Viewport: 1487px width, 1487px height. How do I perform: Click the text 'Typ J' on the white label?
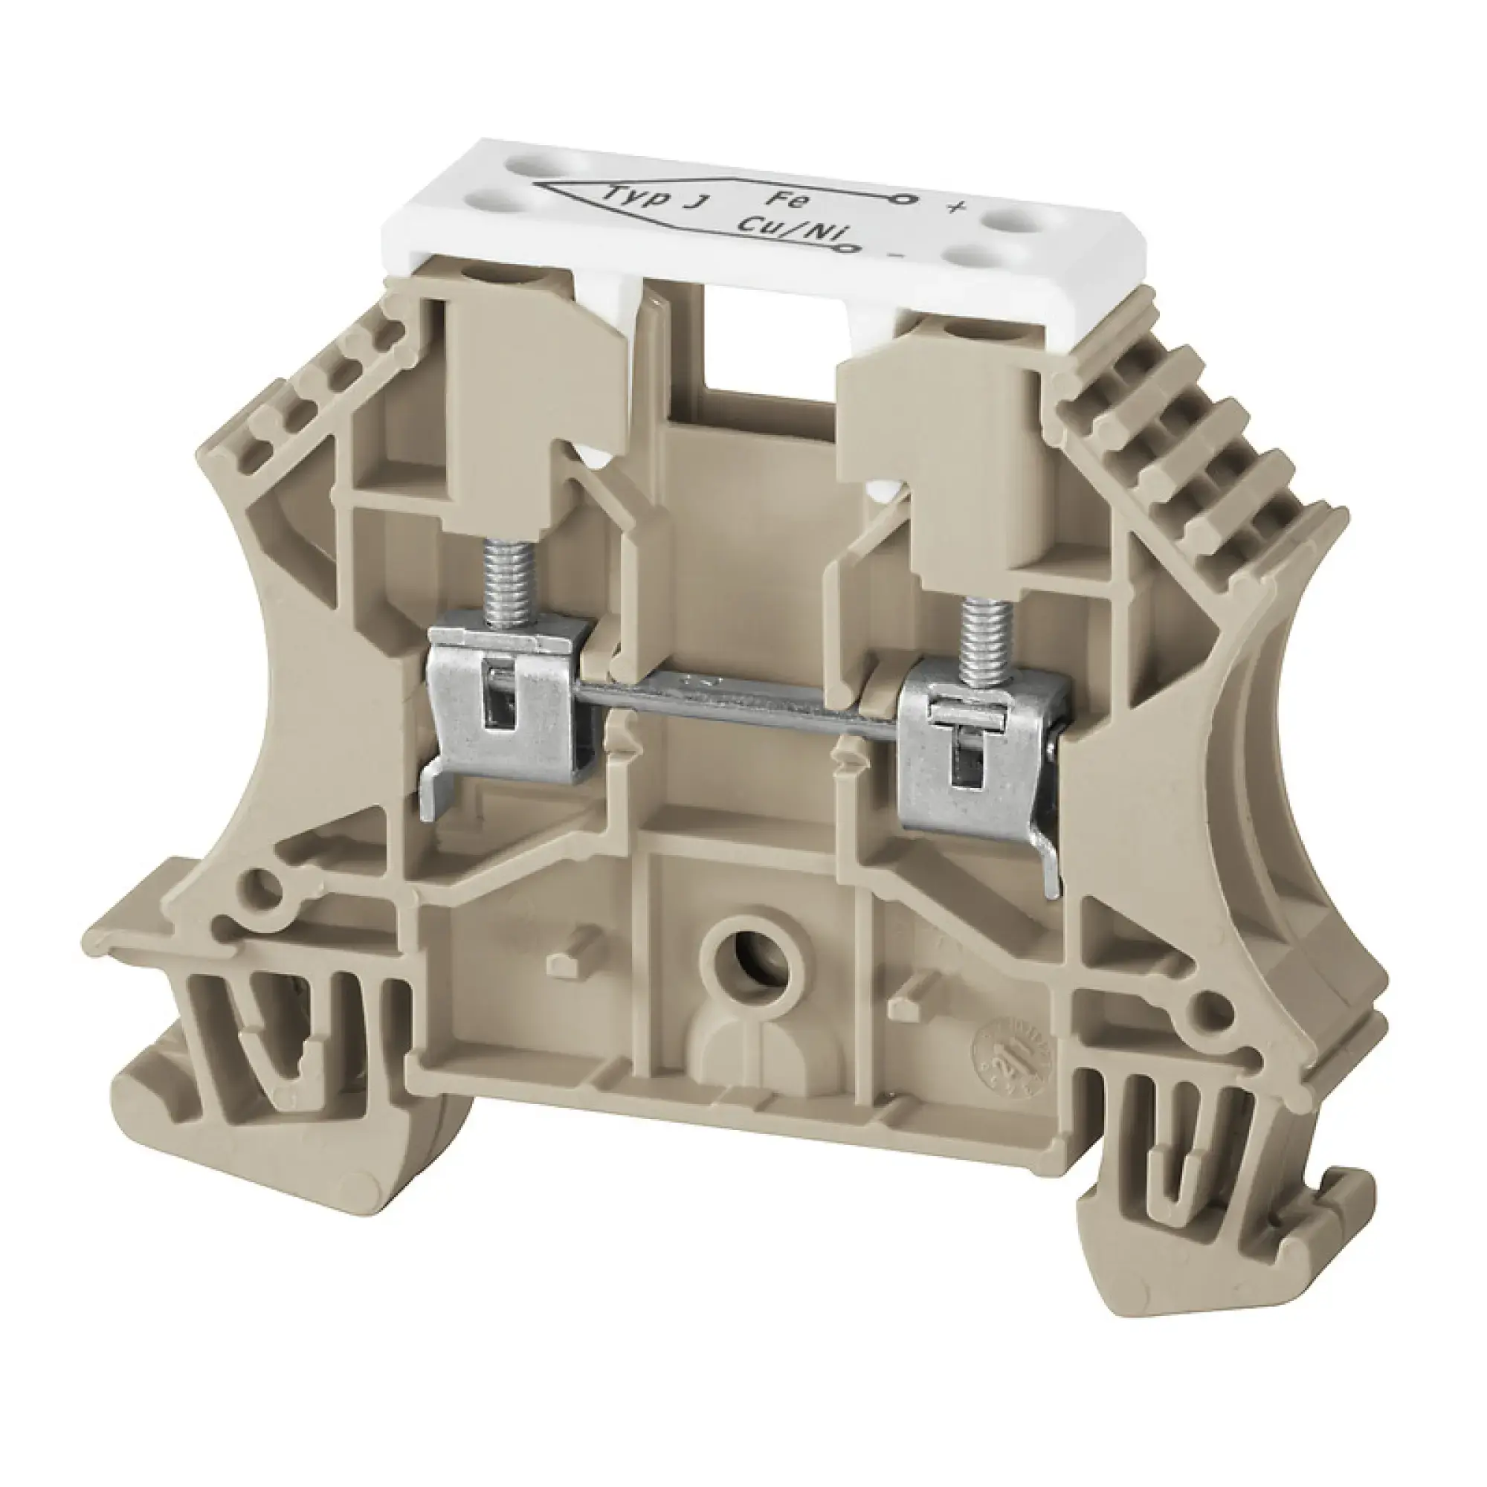coord(657,199)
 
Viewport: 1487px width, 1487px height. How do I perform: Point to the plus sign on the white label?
coord(956,208)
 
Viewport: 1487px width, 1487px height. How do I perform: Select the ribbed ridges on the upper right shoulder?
coord(1201,431)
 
